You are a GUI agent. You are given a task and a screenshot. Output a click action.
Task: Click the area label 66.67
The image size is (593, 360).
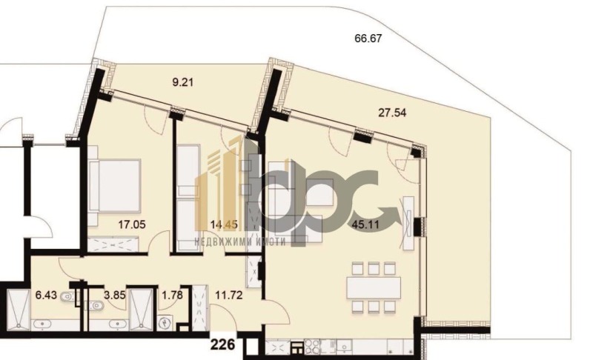pyautogui.click(x=368, y=39)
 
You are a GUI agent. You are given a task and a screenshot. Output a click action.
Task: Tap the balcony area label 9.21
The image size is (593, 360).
pyautogui.click(x=182, y=82)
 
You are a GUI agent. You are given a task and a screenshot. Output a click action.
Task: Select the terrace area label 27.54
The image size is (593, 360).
pyautogui.click(x=392, y=113)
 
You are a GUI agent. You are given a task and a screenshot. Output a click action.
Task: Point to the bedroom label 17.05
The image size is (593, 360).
pyautogui.click(x=132, y=224)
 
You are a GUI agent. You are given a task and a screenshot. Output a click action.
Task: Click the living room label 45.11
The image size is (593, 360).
pyautogui.click(x=365, y=224)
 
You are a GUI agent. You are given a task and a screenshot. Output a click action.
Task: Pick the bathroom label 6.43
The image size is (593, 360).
pyautogui.click(x=46, y=295)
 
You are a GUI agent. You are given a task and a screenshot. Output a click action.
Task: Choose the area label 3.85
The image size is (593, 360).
pyautogui.click(x=114, y=295)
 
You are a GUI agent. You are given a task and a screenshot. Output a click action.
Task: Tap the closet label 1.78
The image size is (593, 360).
pyautogui.click(x=172, y=295)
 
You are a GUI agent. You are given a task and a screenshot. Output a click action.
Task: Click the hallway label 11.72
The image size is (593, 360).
pyautogui.click(x=229, y=295)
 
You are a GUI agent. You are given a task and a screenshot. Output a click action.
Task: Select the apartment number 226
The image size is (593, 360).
pyautogui.click(x=222, y=344)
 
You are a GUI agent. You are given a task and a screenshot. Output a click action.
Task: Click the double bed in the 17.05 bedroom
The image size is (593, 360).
pyautogui.click(x=115, y=185)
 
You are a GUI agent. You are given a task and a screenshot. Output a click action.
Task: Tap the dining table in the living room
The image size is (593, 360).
pyautogui.click(x=374, y=288)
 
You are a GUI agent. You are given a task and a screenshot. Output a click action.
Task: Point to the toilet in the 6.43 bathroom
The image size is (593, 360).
pyautogui.click(x=66, y=296)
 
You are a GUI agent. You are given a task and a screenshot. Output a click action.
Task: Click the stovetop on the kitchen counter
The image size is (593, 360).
pyautogui.click(x=311, y=347)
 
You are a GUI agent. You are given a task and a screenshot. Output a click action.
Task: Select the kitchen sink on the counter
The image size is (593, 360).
pyautogui.click(x=345, y=347)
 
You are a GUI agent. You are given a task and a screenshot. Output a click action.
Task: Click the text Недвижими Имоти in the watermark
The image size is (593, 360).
pyautogui.click(x=240, y=241)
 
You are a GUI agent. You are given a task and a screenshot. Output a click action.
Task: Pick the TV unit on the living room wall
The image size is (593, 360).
pyautogui.click(x=409, y=223)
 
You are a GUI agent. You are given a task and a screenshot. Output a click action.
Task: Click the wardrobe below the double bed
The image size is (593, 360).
pyautogui.click(x=113, y=244)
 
